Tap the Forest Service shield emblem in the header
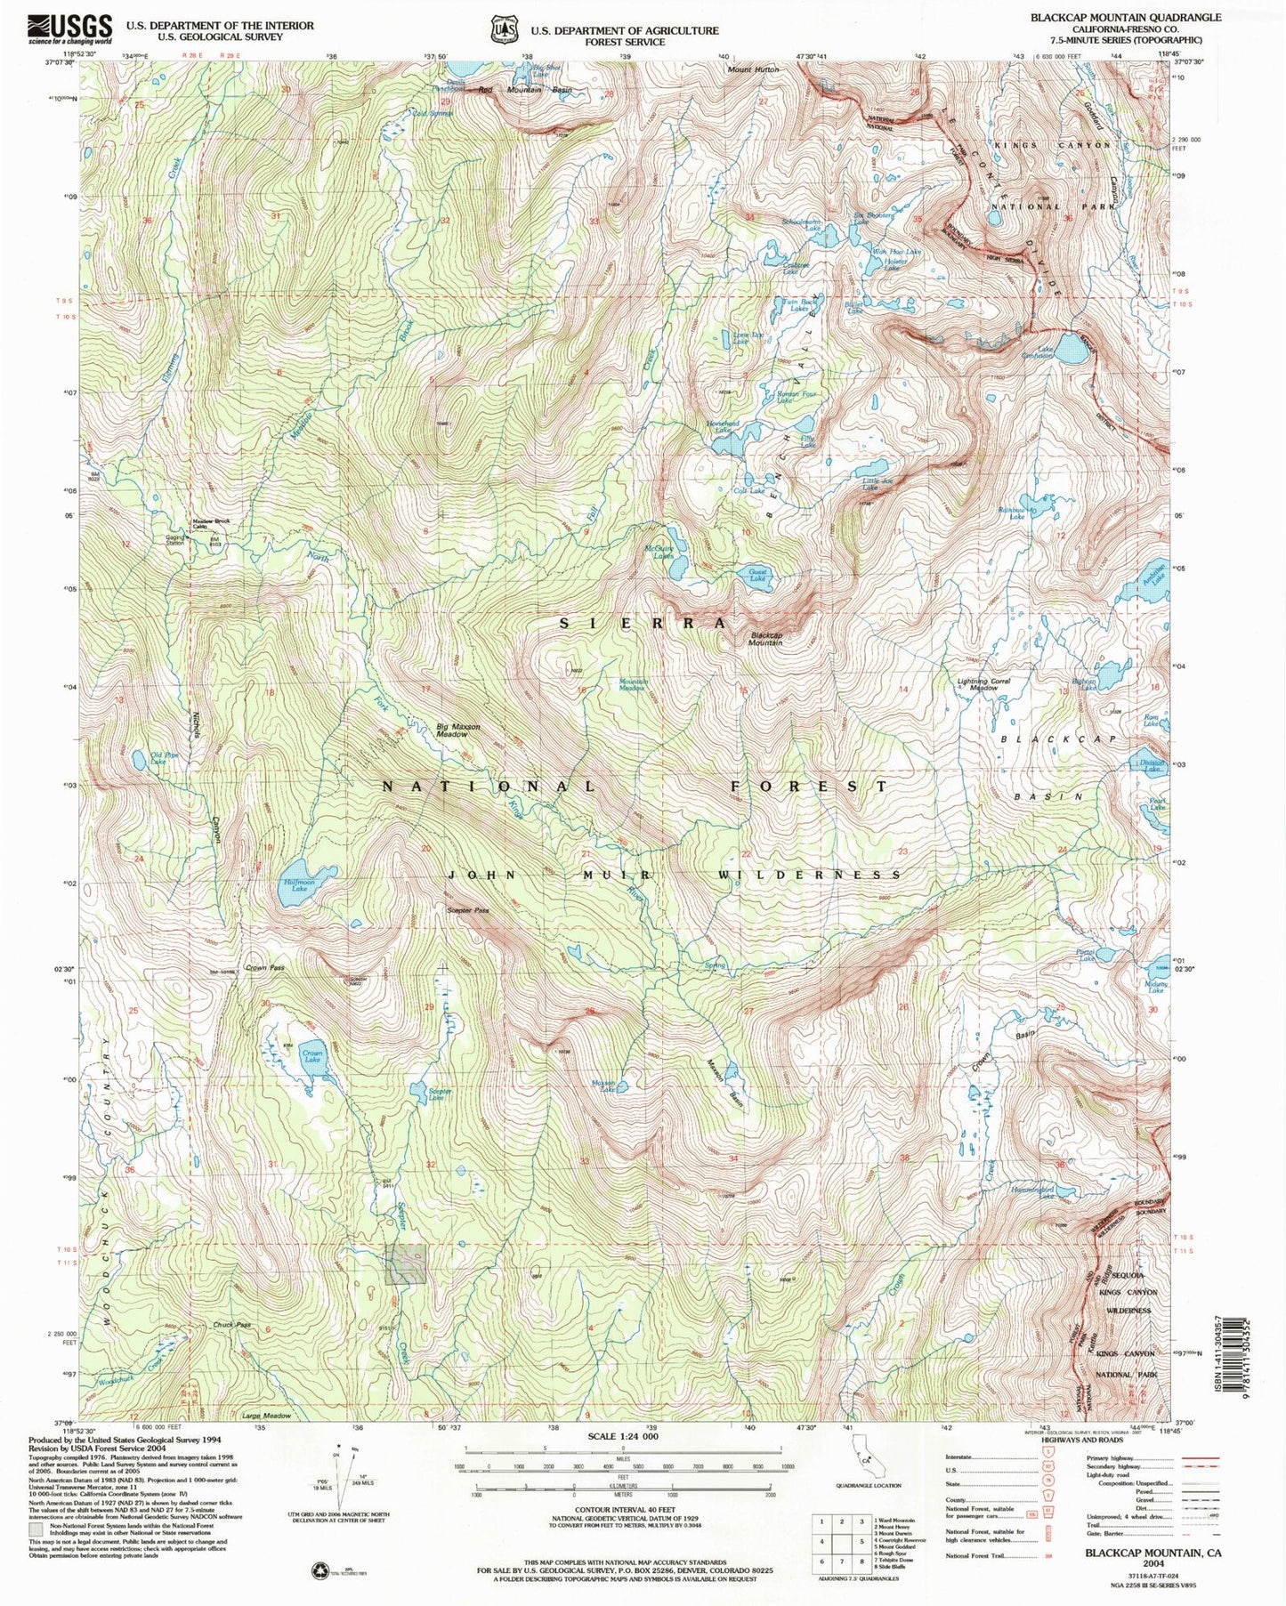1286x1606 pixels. [x=504, y=30]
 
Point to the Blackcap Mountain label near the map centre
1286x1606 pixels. [x=766, y=638]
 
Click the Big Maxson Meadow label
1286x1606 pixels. [x=458, y=730]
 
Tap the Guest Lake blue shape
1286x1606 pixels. [x=757, y=577]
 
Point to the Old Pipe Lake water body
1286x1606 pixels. [x=140, y=759]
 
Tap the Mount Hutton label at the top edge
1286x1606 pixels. [x=753, y=69]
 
